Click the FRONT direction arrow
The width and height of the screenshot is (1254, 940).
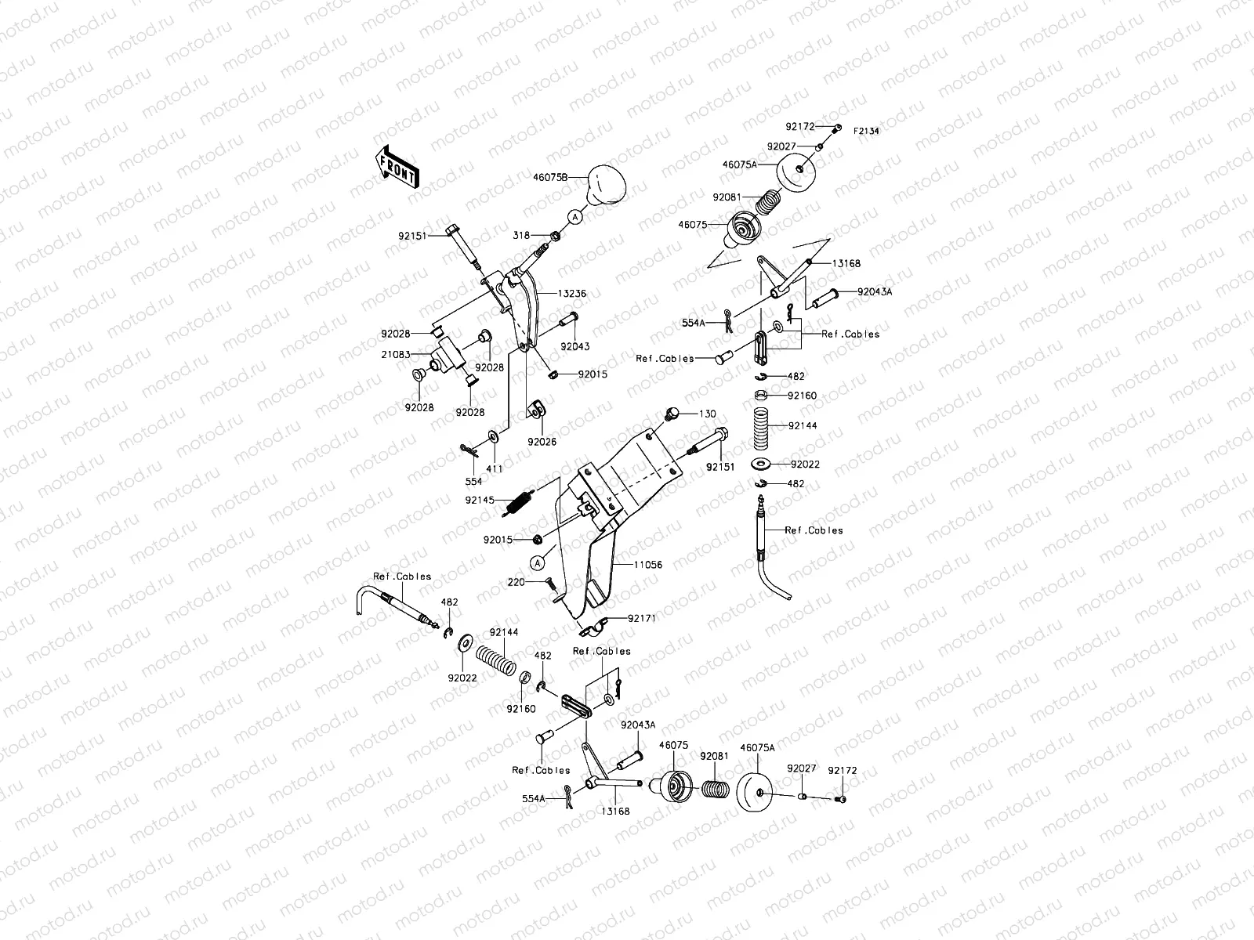[x=398, y=168]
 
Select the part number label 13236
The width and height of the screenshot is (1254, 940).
[x=572, y=294]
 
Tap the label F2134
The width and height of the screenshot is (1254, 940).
[x=866, y=132]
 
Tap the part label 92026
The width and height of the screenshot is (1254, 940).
[x=542, y=442]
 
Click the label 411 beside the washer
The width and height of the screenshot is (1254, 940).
[x=495, y=468]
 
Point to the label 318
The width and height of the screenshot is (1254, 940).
[x=521, y=235]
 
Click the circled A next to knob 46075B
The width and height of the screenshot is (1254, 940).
[x=574, y=216]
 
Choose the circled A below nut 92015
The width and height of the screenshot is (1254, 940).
[x=538, y=562]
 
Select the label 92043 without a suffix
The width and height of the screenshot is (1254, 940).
[x=575, y=346]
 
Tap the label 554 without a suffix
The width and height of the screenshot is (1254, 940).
[x=473, y=482]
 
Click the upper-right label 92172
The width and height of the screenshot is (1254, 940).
[x=801, y=126]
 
